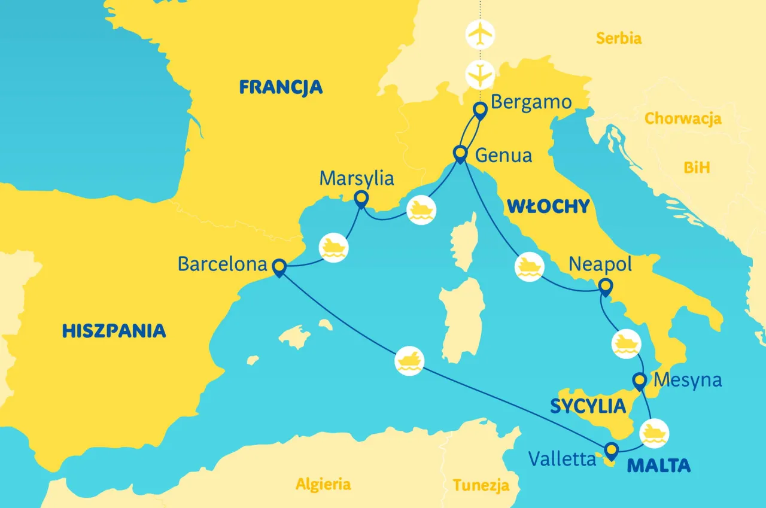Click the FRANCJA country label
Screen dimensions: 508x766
point(281,87)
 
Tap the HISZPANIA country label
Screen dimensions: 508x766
point(114,330)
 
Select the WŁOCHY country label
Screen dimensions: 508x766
point(548,206)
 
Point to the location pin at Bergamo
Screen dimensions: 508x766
point(480,111)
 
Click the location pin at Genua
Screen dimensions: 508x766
point(460,154)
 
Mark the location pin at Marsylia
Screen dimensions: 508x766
point(361,199)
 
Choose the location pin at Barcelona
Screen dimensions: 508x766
point(278,267)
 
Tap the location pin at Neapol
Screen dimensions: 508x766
point(605,287)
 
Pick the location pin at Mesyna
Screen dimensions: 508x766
point(640,381)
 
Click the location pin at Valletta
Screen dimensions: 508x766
point(610,450)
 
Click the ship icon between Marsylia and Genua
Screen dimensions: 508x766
point(421,210)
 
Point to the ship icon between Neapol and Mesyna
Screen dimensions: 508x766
point(625,344)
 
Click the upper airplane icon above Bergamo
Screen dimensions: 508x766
point(480,35)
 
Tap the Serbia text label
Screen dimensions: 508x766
point(619,39)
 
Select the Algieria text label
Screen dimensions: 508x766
point(323,483)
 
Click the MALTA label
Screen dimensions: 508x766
point(658,465)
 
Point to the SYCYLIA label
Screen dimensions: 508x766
point(588,407)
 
